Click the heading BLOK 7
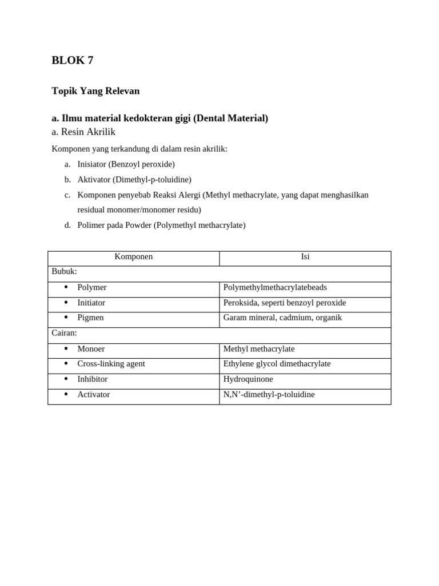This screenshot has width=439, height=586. (x=73, y=61)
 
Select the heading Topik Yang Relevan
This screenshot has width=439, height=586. (x=95, y=91)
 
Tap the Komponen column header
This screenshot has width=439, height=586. (x=134, y=257)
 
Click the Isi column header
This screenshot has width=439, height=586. (x=305, y=257)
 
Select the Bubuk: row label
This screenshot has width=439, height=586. (x=64, y=271)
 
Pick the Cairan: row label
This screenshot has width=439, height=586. (x=64, y=333)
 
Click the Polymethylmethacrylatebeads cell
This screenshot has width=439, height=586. (x=275, y=287)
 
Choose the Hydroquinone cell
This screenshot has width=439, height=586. (x=248, y=379)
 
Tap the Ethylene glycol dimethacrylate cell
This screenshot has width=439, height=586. (x=277, y=364)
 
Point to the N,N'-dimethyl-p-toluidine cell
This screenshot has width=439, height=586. (x=269, y=395)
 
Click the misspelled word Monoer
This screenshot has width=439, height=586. (x=91, y=349)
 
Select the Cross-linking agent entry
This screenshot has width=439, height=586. (x=111, y=364)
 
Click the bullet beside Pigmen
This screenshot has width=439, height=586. (x=66, y=318)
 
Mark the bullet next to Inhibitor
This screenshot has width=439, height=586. (x=66, y=379)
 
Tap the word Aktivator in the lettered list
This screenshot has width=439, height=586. (x=94, y=180)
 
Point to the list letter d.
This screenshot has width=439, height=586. (x=67, y=225)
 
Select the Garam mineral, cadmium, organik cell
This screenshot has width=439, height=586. (x=282, y=318)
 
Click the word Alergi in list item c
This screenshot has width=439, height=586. (x=187, y=195)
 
